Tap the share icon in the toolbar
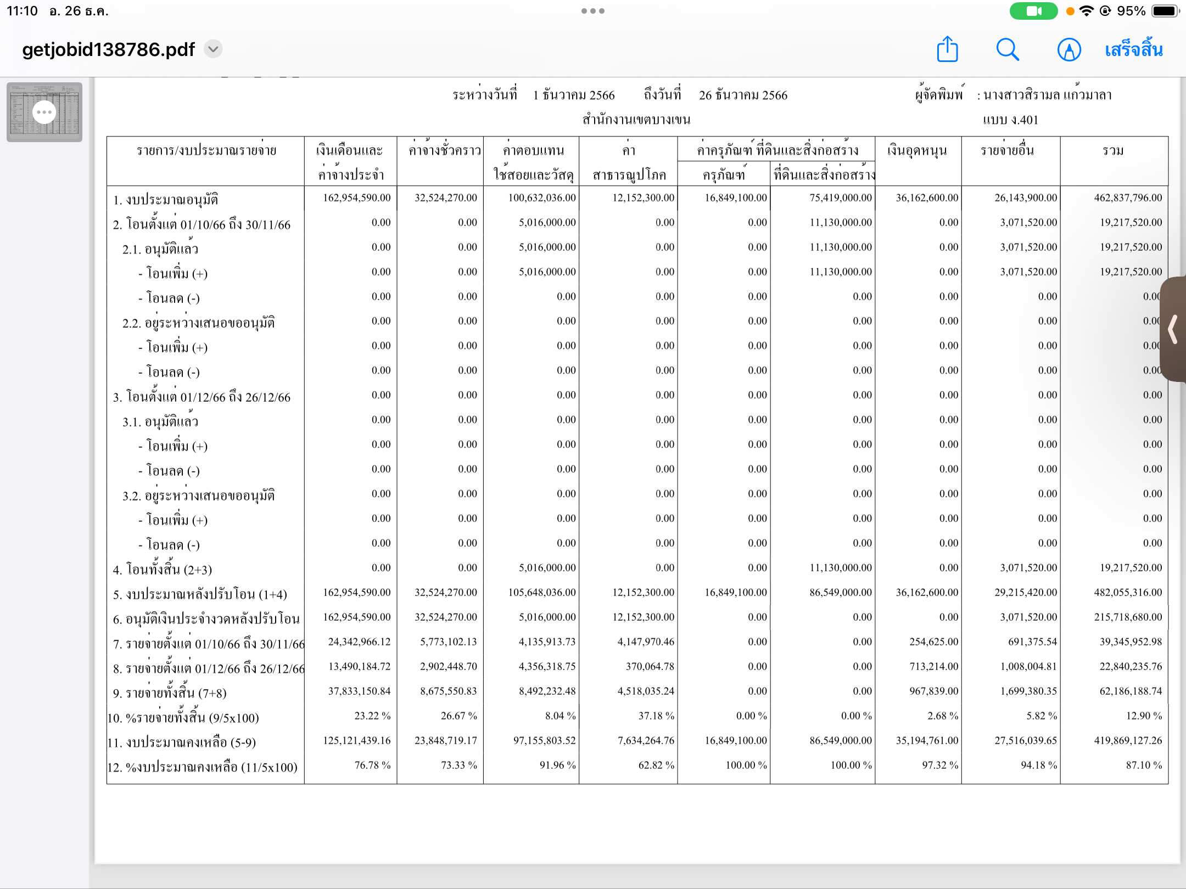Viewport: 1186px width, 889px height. click(x=947, y=49)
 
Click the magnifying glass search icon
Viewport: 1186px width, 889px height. click(x=1008, y=49)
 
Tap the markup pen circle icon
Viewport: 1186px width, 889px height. click(x=1068, y=50)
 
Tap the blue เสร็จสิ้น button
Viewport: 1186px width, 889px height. click(x=1133, y=50)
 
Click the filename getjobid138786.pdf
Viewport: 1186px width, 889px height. click(x=108, y=49)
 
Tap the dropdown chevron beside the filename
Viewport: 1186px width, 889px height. click(x=213, y=49)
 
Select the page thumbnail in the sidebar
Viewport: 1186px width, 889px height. click(x=44, y=112)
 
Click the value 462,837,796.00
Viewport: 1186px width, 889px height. click(x=1128, y=198)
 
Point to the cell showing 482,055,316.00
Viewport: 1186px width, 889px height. click(x=1128, y=592)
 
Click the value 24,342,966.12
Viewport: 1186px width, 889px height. click(x=359, y=642)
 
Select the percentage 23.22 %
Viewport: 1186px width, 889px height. click(x=372, y=716)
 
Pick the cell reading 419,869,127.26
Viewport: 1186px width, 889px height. click(x=1128, y=740)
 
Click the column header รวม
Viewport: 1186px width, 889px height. click(x=1113, y=150)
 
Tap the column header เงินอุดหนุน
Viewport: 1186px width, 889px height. click(x=917, y=150)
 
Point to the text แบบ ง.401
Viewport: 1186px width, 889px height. click(x=1010, y=120)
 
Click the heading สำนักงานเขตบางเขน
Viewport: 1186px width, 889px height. click(x=636, y=120)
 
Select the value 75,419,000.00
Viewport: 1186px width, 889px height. click(x=840, y=198)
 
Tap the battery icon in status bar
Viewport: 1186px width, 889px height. click(x=1165, y=11)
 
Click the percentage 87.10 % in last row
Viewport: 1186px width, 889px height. click(x=1144, y=765)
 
